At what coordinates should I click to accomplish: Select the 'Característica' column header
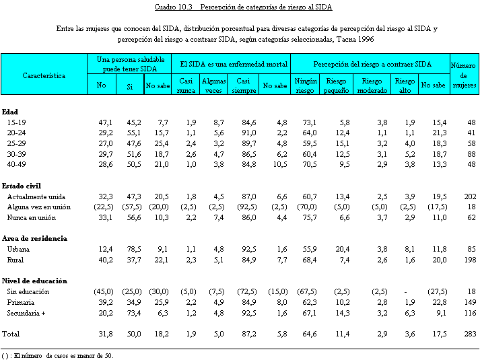click(x=44, y=76)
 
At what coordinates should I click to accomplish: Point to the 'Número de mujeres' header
click(x=462, y=75)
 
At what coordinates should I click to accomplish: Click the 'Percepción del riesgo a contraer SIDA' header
click(x=372, y=64)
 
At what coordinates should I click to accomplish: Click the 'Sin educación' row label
click(x=28, y=291)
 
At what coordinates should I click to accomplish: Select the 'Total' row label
click(x=11, y=334)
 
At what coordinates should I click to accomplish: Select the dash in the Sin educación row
click(x=409, y=291)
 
